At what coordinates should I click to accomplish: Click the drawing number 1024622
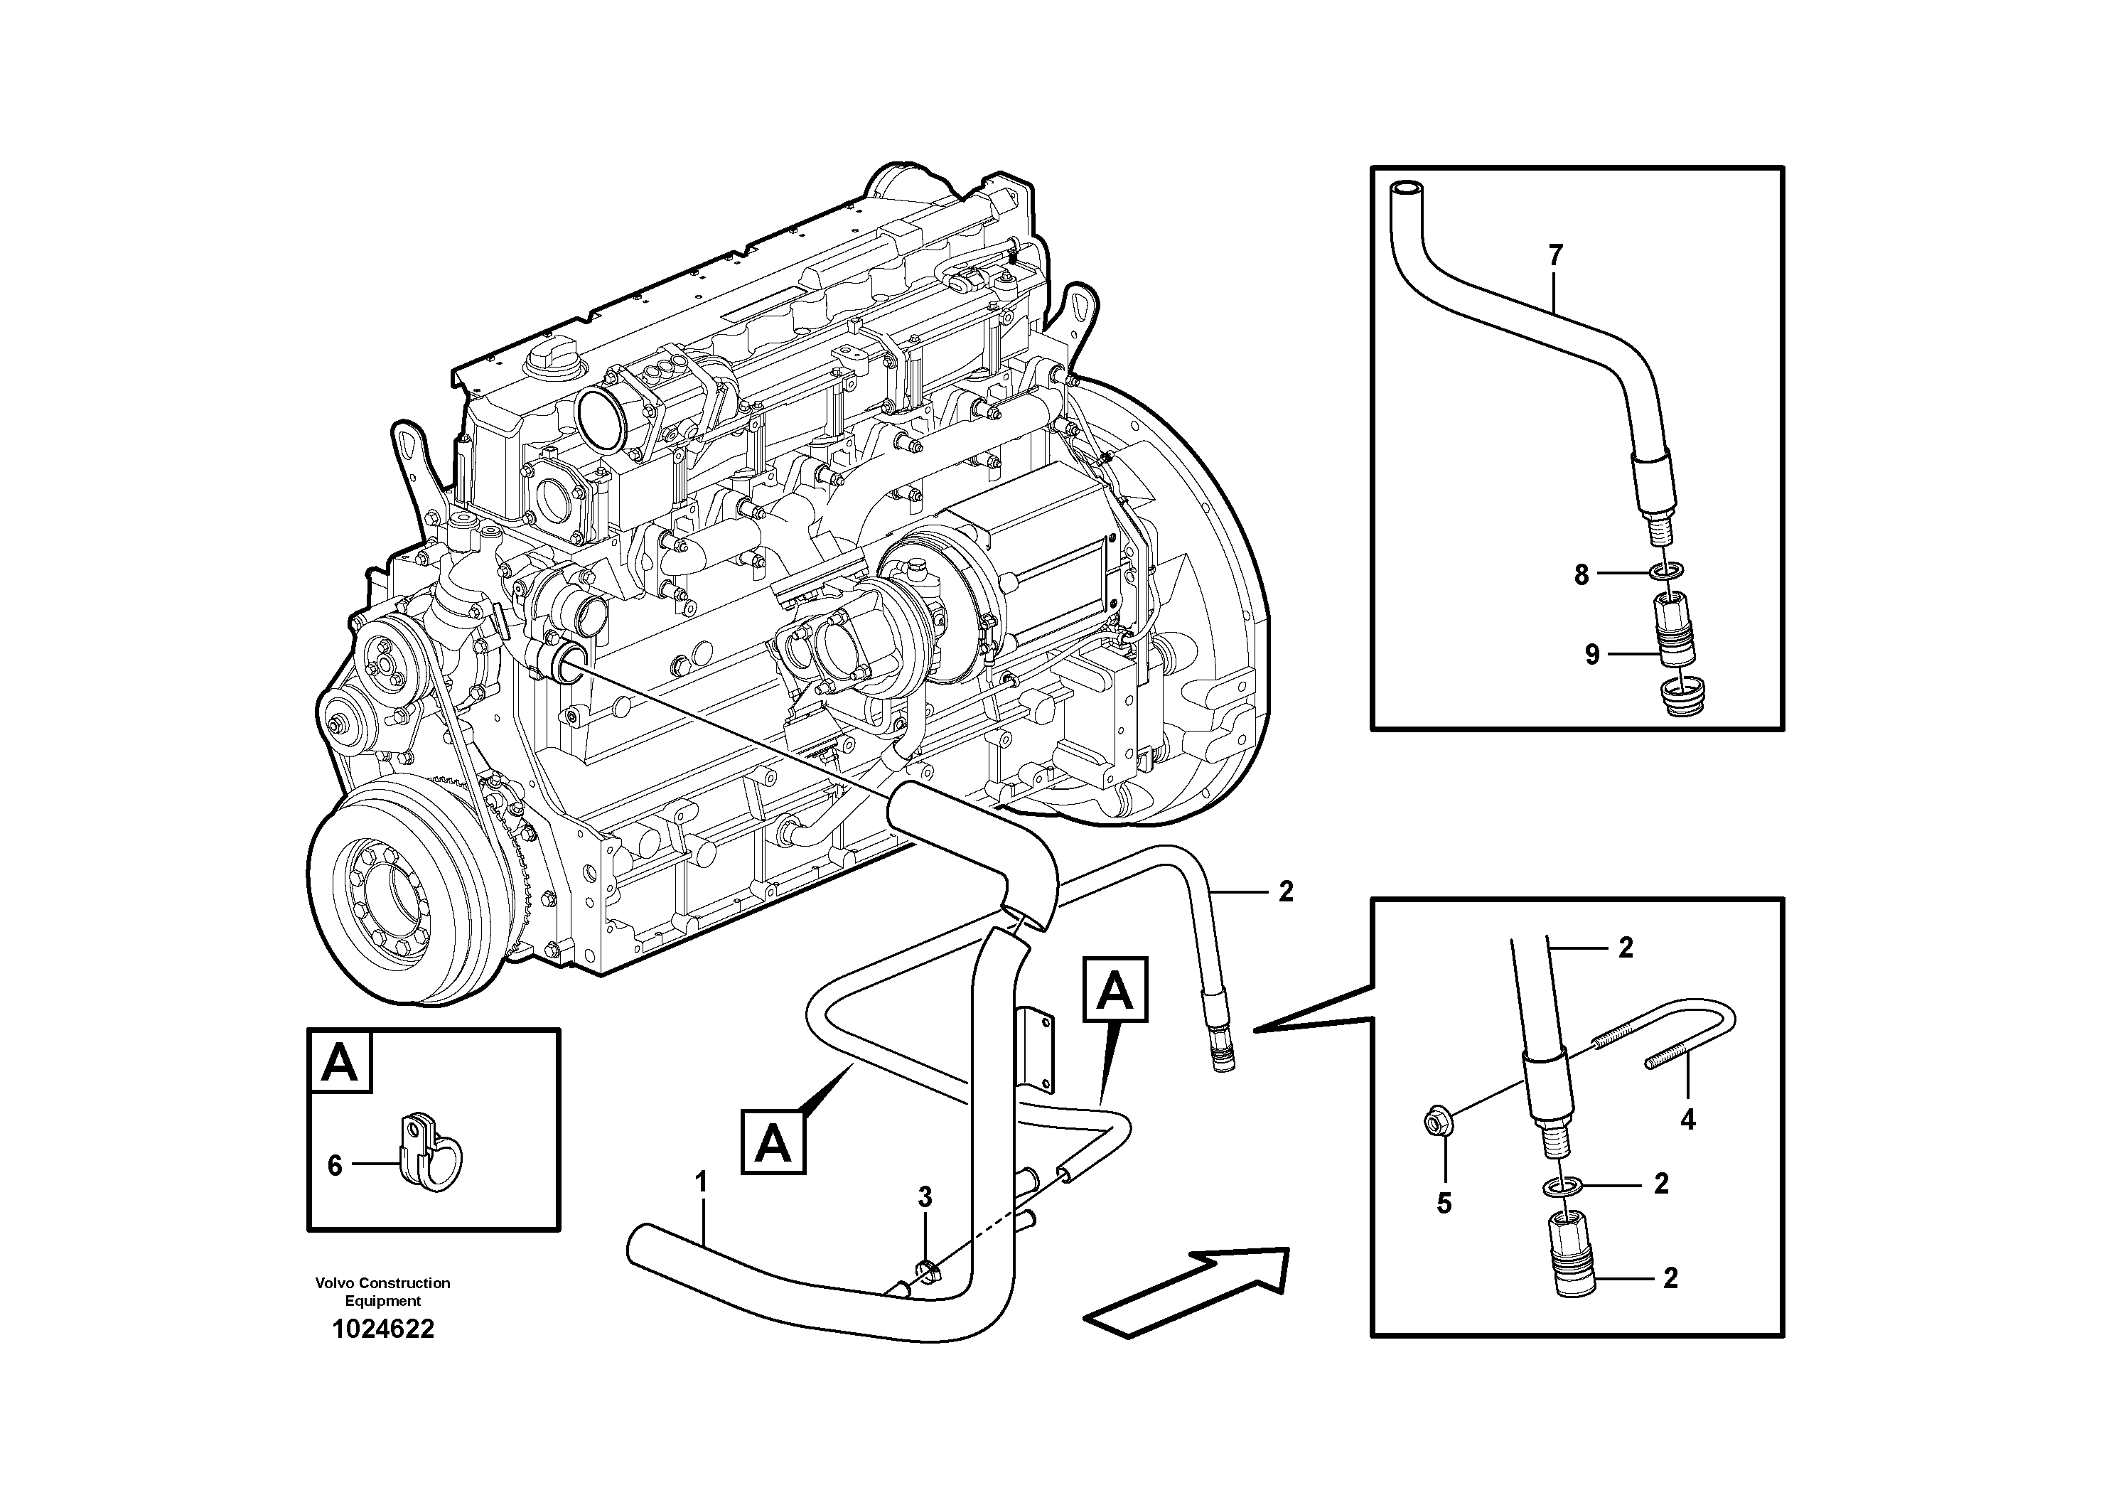382,1329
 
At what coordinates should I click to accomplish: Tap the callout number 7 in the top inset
1556,255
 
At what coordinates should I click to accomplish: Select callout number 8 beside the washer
1581,575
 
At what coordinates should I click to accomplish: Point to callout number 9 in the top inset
1593,655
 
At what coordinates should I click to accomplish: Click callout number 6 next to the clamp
335,1166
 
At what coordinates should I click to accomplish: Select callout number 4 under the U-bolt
1687,1120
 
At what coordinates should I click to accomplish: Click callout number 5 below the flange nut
1444,1203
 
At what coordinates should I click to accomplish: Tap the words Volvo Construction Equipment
382,1291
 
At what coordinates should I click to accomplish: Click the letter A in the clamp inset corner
340,1063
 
